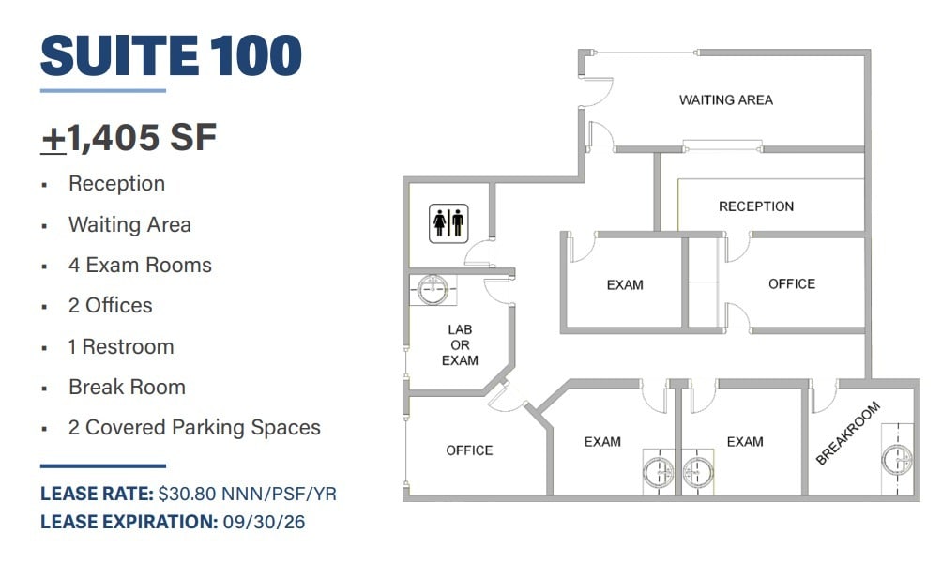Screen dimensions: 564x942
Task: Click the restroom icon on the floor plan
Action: click(x=448, y=223)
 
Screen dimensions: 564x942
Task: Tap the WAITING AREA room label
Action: click(x=725, y=99)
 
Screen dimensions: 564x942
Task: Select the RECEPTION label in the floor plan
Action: click(x=755, y=206)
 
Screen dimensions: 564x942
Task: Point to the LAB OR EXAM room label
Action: click(x=460, y=345)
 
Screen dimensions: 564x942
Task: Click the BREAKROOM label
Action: click(x=848, y=434)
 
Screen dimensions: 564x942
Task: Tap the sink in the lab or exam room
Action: click(x=433, y=289)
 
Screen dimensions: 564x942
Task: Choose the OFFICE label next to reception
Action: click(x=791, y=284)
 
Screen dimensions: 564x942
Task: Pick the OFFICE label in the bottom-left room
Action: click(x=469, y=450)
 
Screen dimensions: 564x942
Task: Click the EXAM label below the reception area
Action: click(x=625, y=285)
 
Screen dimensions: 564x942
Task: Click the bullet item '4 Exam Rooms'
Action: click(x=140, y=266)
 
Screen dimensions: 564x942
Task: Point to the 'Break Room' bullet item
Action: click(x=127, y=388)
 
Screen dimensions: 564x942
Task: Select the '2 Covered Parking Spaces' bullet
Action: click(x=194, y=428)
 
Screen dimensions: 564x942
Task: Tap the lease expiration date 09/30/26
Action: click(x=264, y=521)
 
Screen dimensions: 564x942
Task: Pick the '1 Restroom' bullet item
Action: click(x=121, y=347)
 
